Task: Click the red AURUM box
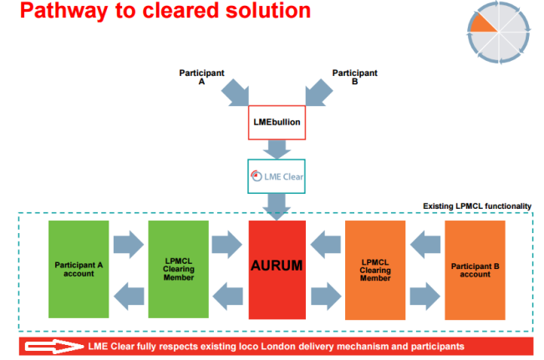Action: click(x=277, y=270)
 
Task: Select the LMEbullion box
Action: click(x=277, y=123)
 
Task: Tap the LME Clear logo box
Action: click(x=277, y=176)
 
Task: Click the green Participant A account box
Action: click(x=79, y=269)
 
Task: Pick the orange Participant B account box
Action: click(x=475, y=270)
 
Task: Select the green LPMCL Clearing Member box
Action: click(x=178, y=269)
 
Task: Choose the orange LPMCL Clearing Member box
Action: click(x=375, y=270)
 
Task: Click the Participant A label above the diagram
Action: click(x=201, y=77)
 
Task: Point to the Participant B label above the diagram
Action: click(x=354, y=77)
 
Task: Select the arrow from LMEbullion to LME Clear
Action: click(x=277, y=150)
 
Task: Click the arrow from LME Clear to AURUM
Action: click(x=277, y=206)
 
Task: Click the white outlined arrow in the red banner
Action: click(x=54, y=346)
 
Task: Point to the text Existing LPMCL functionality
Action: click(x=477, y=206)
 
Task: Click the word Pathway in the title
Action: click(x=64, y=11)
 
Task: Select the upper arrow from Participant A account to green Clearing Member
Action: click(x=129, y=244)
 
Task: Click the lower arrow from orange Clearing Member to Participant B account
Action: click(x=425, y=297)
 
